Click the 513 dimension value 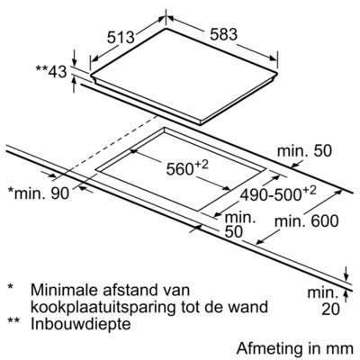[121, 38]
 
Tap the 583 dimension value [223, 34]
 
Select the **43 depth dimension [51, 71]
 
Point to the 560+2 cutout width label [187, 168]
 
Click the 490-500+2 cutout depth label [278, 194]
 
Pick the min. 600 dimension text [307, 221]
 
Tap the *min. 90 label [39, 193]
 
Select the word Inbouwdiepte [81, 324]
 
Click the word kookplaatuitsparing [103, 307]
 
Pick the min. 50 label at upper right [304, 150]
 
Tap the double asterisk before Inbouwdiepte [13, 320]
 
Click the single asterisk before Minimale [11, 286]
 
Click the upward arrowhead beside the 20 [346, 295]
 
